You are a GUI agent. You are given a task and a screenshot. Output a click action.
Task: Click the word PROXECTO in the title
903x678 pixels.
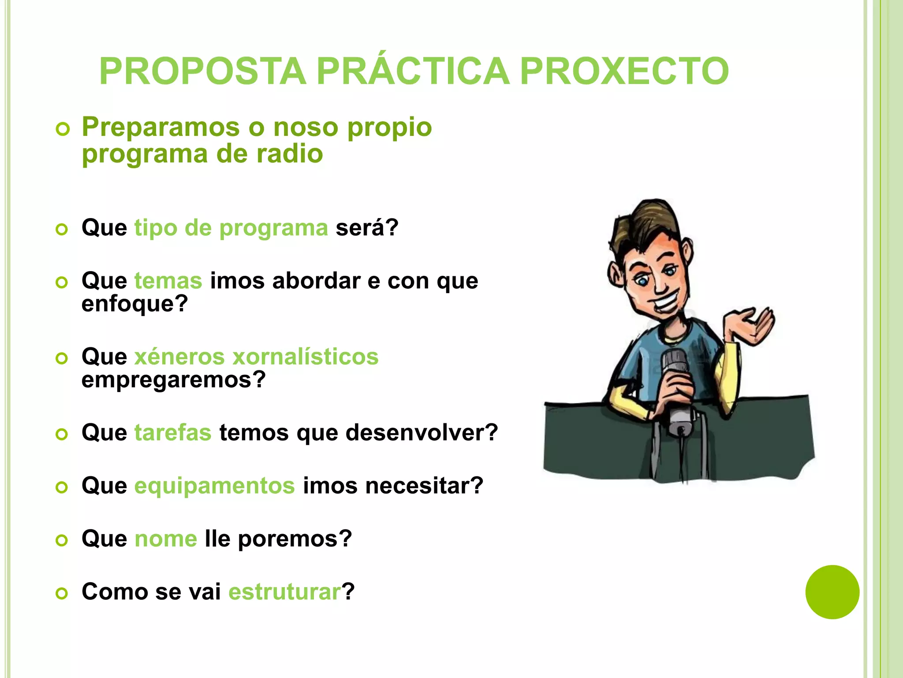624,72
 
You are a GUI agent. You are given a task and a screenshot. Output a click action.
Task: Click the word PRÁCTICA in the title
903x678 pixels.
413,72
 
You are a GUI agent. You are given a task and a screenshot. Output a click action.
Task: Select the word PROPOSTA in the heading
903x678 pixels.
203,72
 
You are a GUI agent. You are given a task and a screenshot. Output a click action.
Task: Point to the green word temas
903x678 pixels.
168,281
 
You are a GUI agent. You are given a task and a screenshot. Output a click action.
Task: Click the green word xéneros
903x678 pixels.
179,357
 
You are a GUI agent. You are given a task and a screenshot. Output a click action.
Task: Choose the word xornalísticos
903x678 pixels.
305,357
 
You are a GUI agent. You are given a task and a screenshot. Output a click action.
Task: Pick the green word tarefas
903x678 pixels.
173,433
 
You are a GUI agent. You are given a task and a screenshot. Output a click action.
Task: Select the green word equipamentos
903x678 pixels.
214,486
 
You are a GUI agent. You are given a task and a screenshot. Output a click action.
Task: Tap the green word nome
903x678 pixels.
165,539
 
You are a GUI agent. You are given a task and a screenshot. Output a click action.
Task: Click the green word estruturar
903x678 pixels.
285,592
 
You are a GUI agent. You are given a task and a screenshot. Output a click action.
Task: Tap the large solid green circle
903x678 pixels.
832,592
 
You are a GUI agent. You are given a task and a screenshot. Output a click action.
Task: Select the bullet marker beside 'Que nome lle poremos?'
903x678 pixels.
62,540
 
